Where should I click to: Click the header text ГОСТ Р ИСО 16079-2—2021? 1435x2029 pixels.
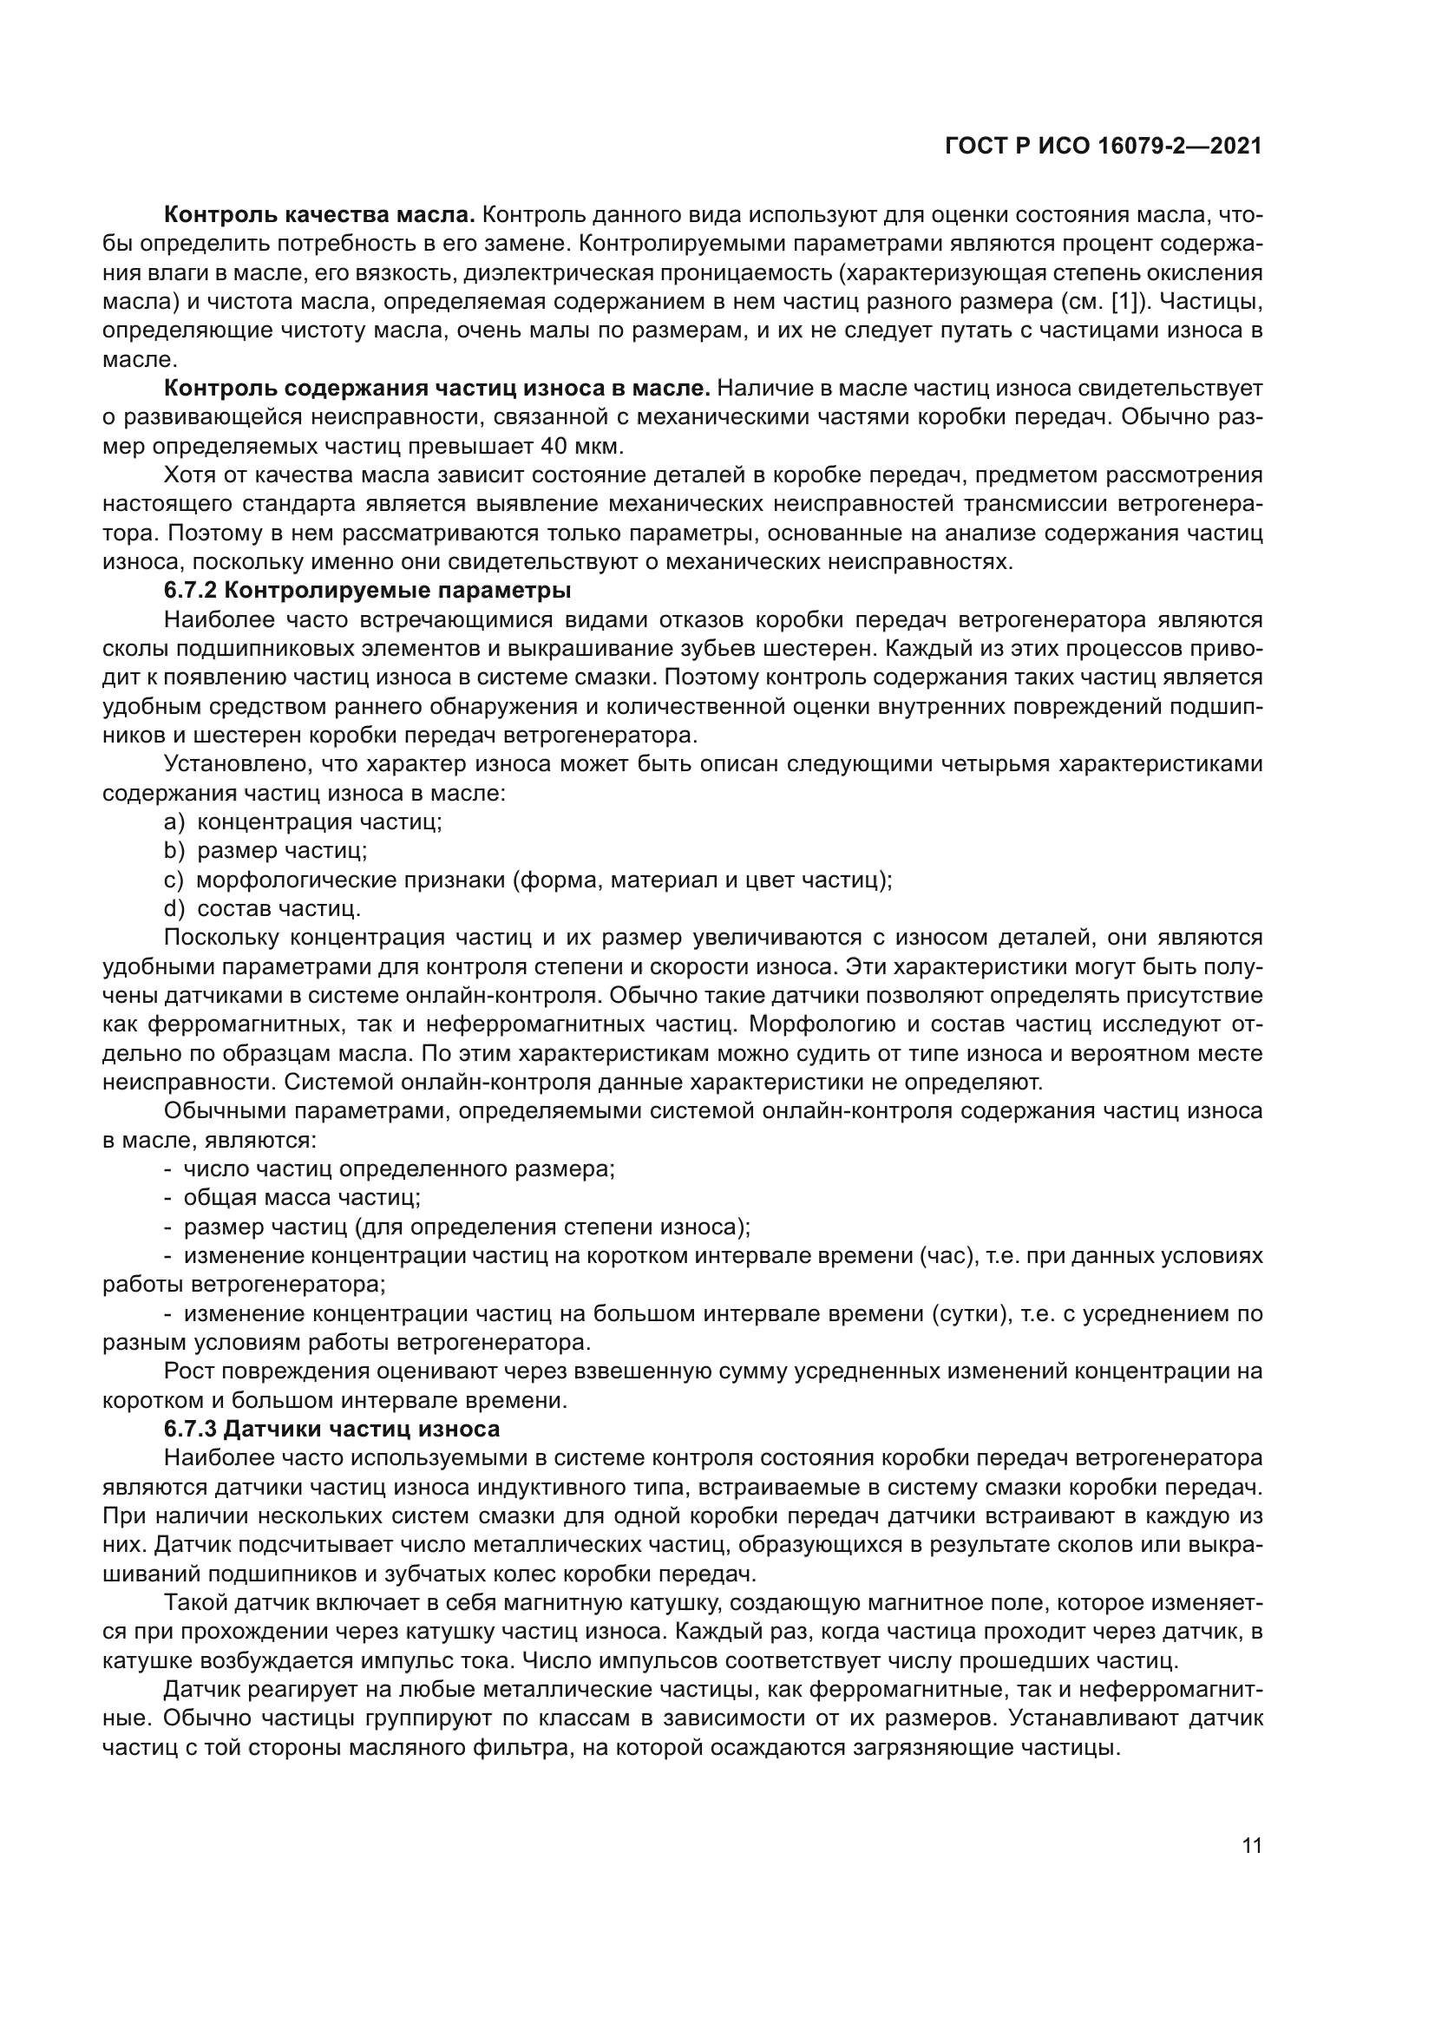(1103, 147)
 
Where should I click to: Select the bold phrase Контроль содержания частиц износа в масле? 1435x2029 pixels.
(437, 388)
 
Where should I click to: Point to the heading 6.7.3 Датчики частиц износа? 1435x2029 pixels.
(332, 1429)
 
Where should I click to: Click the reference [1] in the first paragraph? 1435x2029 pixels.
(1129, 302)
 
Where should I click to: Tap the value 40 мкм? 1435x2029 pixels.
(579, 445)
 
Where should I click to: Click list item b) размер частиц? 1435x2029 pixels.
(282, 851)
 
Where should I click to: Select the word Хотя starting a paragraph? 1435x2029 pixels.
(189, 475)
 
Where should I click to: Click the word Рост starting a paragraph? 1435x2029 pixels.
(187, 1371)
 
